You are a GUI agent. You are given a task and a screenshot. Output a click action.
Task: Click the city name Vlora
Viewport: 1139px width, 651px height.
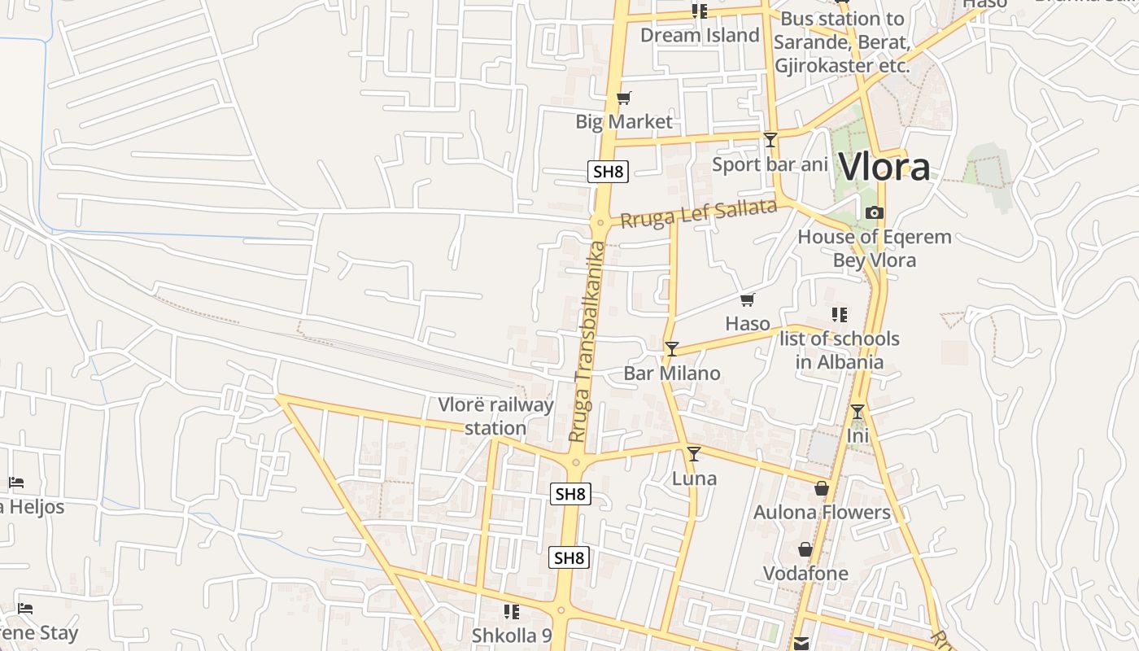coord(884,168)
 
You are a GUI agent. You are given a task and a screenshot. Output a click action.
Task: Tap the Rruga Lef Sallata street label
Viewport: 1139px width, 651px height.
coord(699,213)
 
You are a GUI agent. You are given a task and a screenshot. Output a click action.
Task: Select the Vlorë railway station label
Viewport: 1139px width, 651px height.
coord(495,416)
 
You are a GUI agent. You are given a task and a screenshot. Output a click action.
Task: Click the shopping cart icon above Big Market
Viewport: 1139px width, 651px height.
coord(624,98)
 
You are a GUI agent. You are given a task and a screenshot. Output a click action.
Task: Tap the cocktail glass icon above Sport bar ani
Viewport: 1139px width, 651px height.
coord(770,140)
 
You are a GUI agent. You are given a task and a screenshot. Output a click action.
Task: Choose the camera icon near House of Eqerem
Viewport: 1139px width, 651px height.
coord(875,213)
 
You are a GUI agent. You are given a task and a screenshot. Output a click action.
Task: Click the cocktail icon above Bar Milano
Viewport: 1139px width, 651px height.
coord(672,349)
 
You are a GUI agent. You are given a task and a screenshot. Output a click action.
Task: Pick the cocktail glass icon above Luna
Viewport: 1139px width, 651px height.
coord(694,454)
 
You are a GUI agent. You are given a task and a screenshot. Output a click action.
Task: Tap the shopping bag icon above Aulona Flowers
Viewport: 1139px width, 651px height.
coord(822,488)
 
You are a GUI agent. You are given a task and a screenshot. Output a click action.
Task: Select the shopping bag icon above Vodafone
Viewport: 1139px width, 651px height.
coord(805,550)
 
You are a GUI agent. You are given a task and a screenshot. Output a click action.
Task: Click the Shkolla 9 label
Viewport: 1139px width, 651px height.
coord(512,635)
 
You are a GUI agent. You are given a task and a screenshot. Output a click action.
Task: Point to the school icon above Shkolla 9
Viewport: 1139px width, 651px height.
coord(512,611)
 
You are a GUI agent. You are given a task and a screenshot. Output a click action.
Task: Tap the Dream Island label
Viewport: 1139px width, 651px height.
coord(700,35)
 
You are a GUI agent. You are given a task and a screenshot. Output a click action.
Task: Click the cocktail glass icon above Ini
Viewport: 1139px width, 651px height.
coord(858,412)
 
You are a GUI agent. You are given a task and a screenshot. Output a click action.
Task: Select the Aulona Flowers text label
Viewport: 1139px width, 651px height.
coord(822,512)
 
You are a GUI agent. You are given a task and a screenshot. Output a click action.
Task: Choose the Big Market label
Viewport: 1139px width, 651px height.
coord(624,122)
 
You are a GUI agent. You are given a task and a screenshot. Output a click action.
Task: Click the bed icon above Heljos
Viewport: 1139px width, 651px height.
coord(16,483)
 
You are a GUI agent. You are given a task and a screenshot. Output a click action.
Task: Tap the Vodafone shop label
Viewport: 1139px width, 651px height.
coord(805,574)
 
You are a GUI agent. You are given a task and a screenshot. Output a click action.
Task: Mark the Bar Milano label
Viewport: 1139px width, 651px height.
coord(672,374)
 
